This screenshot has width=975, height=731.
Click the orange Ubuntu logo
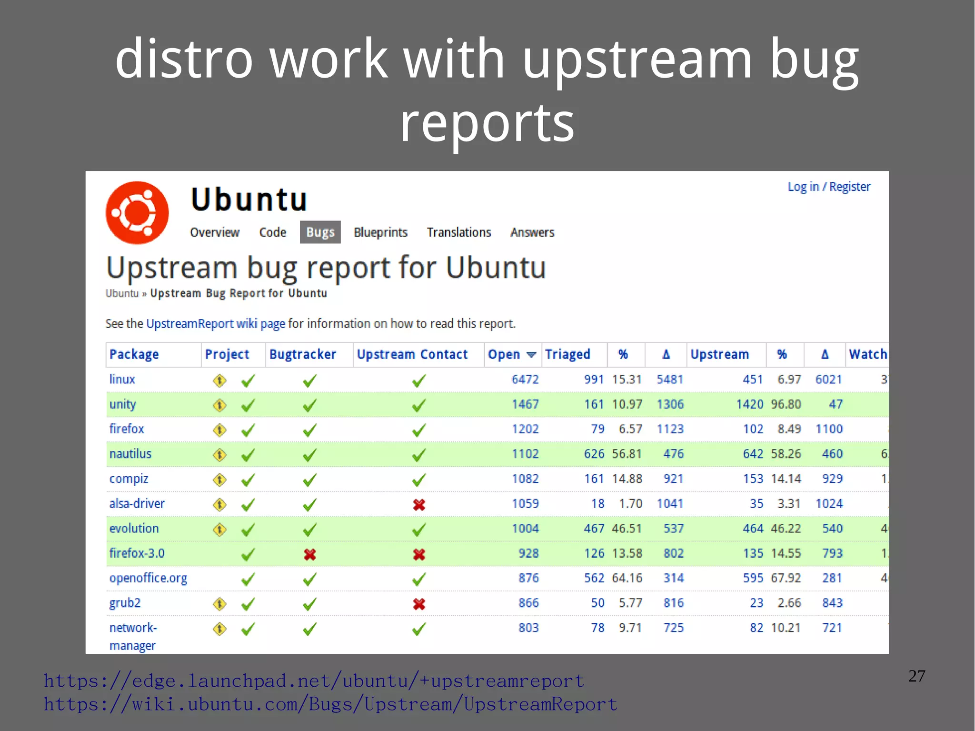click(137, 212)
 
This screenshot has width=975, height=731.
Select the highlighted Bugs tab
click(320, 232)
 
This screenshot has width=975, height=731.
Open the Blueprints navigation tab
click(380, 232)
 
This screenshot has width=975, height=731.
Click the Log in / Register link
click(829, 187)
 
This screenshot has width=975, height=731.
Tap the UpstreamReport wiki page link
click(216, 324)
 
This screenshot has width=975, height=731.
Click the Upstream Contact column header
click(412, 354)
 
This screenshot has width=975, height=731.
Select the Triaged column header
click(567, 354)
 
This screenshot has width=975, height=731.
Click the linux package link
click(122, 379)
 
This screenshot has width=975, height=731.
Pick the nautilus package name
click(130, 454)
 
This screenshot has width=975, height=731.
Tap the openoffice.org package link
click(148, 578)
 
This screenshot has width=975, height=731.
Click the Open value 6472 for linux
click(525, 380)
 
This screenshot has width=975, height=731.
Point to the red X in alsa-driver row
click(419, 504)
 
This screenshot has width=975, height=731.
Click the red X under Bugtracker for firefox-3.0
click(310, 554)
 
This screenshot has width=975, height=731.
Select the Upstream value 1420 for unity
click(749, 404)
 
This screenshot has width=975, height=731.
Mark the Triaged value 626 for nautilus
click(594, 454)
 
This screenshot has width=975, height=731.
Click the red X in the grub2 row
click(419, 604)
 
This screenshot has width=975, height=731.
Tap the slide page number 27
click(916, 676)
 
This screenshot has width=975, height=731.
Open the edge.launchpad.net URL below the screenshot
click(314, 681)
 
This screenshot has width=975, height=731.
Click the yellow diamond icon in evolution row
click(219, 529)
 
